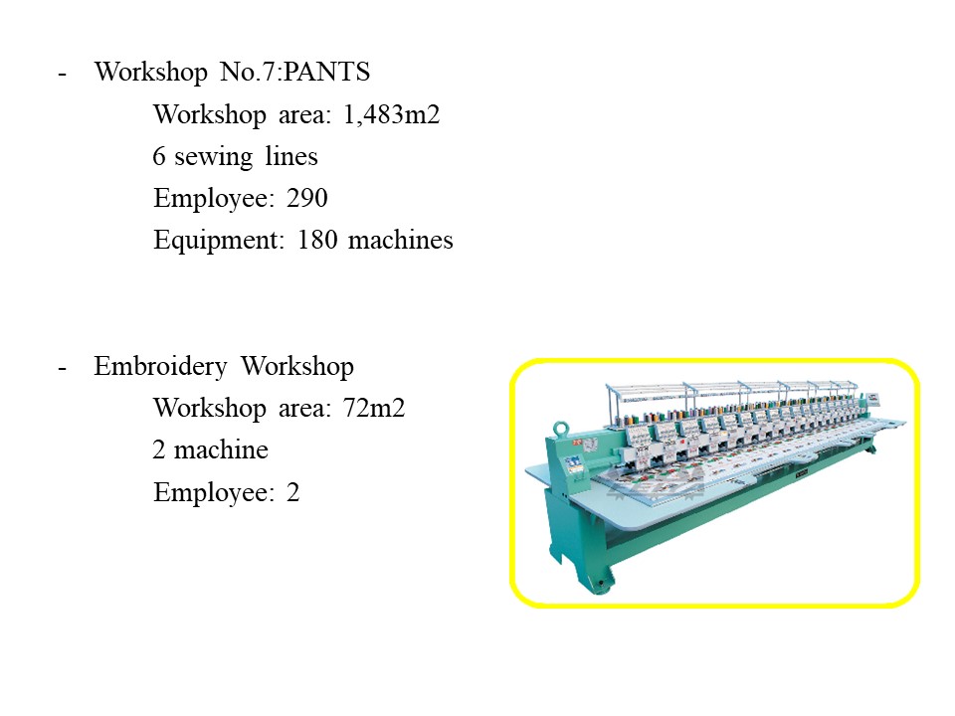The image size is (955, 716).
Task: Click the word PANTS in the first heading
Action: click(326, 72)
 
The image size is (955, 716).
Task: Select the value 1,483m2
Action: click(392, 114)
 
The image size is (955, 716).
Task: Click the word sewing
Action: click(213, 157)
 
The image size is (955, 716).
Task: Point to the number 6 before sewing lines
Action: click(159, 156)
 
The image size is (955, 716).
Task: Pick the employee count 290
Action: click(307, 199)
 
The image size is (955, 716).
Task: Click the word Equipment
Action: click(219, 241)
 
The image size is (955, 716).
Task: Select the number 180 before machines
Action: click(317, 240)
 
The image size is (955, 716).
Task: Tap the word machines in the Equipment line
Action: click(400, 240)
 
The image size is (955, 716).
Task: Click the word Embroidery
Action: click(161, 367)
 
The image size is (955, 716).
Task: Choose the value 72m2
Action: click(374, 409)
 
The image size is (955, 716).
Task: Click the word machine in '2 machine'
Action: click(221, 450)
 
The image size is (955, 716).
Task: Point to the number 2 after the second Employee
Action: click(292, 492)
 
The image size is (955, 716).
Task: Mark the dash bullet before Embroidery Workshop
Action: click(62, 369)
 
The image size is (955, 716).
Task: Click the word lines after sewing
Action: click(291, 156)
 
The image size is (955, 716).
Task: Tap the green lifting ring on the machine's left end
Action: click(560, 428)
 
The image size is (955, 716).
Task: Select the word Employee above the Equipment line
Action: click(210, 199)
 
